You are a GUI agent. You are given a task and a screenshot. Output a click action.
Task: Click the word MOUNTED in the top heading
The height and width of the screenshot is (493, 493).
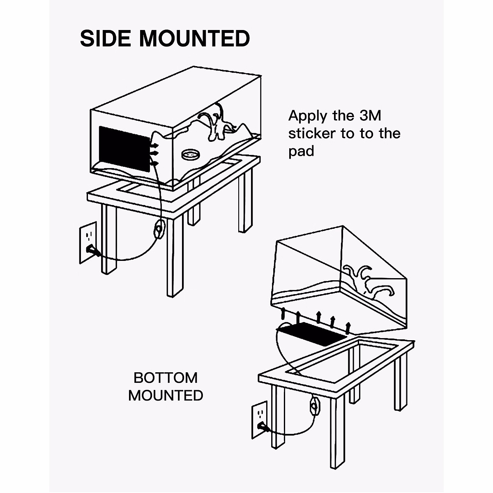click(x=195, y=39)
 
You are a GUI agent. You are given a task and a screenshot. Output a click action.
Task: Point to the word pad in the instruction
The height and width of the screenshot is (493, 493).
click(x=301, y=152)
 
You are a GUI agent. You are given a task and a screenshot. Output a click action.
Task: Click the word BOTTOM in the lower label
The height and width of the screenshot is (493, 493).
click(x=166, y=377)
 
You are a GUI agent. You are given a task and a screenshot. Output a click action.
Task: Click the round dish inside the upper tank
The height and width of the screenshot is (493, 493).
click(x=190, y=155)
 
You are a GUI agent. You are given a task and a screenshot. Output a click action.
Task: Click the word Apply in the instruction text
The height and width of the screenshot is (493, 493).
click(x=308, y=116)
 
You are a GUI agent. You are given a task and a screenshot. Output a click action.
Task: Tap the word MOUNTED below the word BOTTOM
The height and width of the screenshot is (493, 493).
click(x=166, y=395)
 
